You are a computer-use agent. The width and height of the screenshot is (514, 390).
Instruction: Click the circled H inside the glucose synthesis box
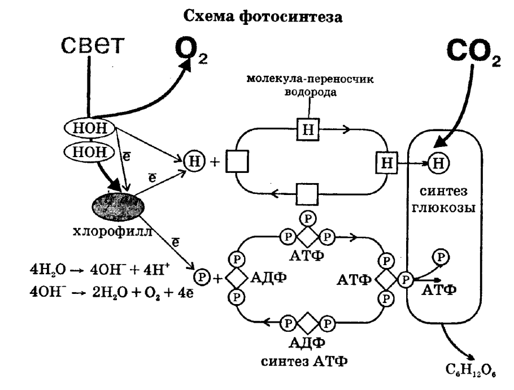tap(437, 163)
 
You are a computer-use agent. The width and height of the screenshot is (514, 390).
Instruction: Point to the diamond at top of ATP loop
tap(308, 235)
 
